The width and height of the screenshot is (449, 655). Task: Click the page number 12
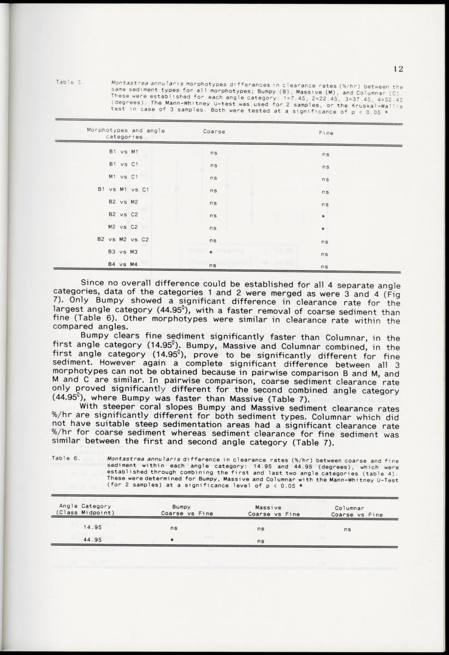[x=398, y=69]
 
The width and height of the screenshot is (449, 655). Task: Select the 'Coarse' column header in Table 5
[x=214, y=132]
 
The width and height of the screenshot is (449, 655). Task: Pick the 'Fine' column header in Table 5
[x=326, y=133]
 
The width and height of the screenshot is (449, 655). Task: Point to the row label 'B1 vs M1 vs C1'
[x=123, y=189]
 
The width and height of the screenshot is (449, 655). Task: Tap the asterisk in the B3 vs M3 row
[x=210, y=253]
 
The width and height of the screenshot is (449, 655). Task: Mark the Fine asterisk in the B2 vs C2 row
[x=325, y=217]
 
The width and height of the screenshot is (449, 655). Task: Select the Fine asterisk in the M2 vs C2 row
[x=325, y=229]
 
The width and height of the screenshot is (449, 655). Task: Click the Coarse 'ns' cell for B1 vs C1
[x=214, y=165]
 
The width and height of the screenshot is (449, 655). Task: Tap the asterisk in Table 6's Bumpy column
[x=172, y=540]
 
